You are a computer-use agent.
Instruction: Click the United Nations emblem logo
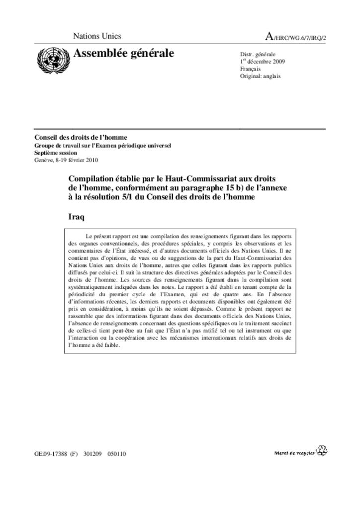pyautogui.click(x=52, y=60)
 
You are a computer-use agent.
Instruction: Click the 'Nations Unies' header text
pyautogui.click(x=97, y=36)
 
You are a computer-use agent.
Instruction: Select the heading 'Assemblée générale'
pyautogui.click(x=124, y=53)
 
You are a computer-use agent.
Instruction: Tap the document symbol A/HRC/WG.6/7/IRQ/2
pyautogui.click(x=296, y=37)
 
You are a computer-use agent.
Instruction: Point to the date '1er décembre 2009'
pyautogui.click(x=263, y=62)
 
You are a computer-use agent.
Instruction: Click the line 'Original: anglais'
pyautogui.click(x=260, y=76)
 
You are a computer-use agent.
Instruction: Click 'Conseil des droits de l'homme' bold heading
pyautogui.click(x=81, y=137)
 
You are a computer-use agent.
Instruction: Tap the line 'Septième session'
pyautogui.click(x=56, y=153)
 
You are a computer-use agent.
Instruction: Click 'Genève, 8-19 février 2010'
pyautogui.click(x=66, y=160)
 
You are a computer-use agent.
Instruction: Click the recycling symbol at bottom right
pyautogui.click(x=323, y=450)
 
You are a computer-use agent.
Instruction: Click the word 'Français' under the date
pyautogui.click(x=250, y=69)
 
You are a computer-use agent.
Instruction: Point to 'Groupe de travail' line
pyautogui.click(x=56, y=146)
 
